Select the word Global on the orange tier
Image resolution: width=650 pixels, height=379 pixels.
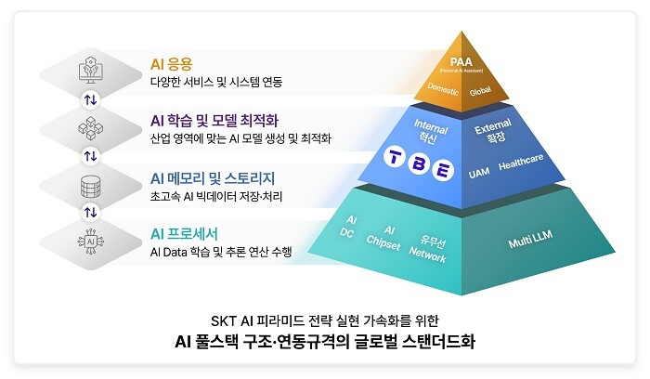(x=480, y=92)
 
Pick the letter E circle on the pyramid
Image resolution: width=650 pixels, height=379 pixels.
(x=445, y=170)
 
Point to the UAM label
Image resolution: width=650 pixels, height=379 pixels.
(x=479, y=173)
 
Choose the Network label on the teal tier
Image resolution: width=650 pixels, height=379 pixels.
(x=428, y=252)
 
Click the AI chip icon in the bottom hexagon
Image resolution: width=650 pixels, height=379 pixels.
(x=90, y=241)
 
